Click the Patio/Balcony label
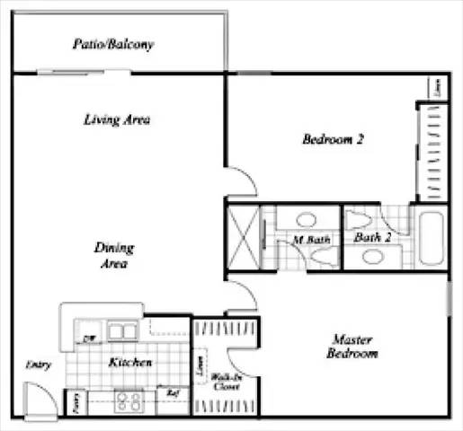coord(112,44)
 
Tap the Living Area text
coord(116,119)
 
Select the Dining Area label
coord(113,256)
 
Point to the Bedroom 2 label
coord(332,139)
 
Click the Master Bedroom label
coord(352,347)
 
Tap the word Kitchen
coord(130,363)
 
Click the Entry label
coord(39,365)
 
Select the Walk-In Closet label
coord(226,383)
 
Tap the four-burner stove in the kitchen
coord(129,400)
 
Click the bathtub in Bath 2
coord(429,236)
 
